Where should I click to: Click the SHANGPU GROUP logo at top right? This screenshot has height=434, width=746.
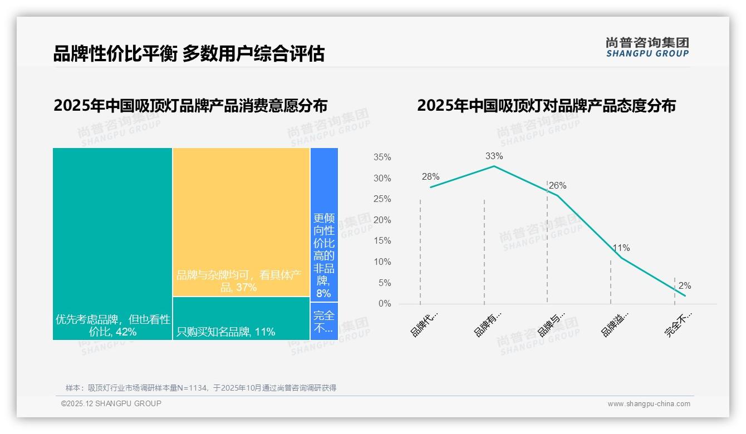click(x=647, y=47)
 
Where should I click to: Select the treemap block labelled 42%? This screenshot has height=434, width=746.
click(x=112, y=243)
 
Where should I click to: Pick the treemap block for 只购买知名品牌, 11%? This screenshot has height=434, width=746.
click(x=241, y=318)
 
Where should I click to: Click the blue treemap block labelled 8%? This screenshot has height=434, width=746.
click(x=324, y=224)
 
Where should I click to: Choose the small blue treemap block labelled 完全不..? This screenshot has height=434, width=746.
click(x=324, y=321)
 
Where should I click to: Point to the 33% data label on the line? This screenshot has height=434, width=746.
click(x=494, y=156)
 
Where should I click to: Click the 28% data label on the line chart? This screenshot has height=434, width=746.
click(x=430, y=177)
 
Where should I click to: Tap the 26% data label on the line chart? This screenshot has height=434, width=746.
click(x=557, y=186)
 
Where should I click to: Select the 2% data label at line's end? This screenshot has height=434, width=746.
click(x=685, y=285)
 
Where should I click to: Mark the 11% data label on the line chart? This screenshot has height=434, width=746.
click(x=621, y=248)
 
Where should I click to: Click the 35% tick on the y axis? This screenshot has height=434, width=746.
click(x=382, y=157)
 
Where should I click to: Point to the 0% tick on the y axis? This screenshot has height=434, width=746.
click(x=384, y=304)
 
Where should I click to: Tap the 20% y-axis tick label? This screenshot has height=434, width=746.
click(x=382, y=220)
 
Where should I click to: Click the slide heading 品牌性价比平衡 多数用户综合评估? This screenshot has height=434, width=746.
click(x=189, y=54)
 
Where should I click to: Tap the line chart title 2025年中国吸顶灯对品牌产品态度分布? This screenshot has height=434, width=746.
click(x=546, y=106)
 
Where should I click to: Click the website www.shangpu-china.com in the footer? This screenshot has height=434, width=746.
click(x=649, y=404)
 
